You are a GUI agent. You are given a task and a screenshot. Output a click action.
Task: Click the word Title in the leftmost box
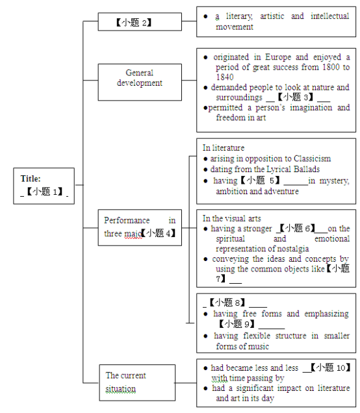pos(31,179)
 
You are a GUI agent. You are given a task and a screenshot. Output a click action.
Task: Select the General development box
pos(140,82)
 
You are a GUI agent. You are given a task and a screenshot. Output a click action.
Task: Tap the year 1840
pos(225,77)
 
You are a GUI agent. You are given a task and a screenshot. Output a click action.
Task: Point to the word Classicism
pos(312,158)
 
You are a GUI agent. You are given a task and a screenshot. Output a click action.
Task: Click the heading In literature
pos(224,148)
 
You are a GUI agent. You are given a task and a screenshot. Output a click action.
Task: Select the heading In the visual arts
pos(231,218)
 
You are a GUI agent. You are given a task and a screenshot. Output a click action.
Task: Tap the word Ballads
pos(307,169)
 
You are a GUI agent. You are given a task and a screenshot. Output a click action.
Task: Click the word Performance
pos(127,220)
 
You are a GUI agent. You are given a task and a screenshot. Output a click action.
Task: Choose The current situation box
pos(137,382)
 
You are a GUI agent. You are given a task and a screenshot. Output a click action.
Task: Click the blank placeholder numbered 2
pos(134,22)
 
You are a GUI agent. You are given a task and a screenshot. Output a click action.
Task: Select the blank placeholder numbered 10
pos(331,367)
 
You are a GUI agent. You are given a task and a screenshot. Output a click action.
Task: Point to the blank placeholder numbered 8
pos(227,303)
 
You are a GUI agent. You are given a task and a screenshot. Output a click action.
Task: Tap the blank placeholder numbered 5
pos(260,181)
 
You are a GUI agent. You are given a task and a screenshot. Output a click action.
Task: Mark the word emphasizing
pos(326,314)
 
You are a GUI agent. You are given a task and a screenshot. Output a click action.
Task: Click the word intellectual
pos(329,16)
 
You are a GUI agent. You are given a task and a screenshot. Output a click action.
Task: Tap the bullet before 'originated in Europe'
pos(205,57)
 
